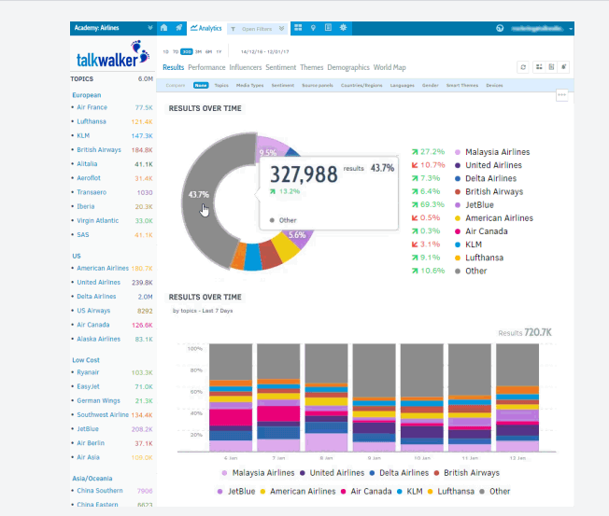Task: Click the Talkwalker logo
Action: pos(112,58)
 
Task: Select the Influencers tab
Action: pos(246,68)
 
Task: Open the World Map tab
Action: pos(389,68)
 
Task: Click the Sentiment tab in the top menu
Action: pos(280,68)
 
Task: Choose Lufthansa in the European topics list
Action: pos(91,121)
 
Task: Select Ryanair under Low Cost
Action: pos(89,371)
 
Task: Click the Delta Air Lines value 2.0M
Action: pos(144,296)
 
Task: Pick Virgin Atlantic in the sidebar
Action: pos(97,220)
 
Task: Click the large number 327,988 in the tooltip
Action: pos(303,174)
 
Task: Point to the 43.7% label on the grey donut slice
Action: pos(198,195)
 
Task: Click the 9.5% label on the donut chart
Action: pos(268,152)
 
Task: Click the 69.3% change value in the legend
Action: pos(432,204)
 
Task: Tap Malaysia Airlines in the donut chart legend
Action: pos(497,152)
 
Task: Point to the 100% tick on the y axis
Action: pos(195,348)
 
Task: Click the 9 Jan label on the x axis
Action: pos(374,458)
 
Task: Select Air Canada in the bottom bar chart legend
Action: pos(371,491)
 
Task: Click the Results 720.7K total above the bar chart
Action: pos(524,332)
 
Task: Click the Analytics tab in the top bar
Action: pos(205,29)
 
